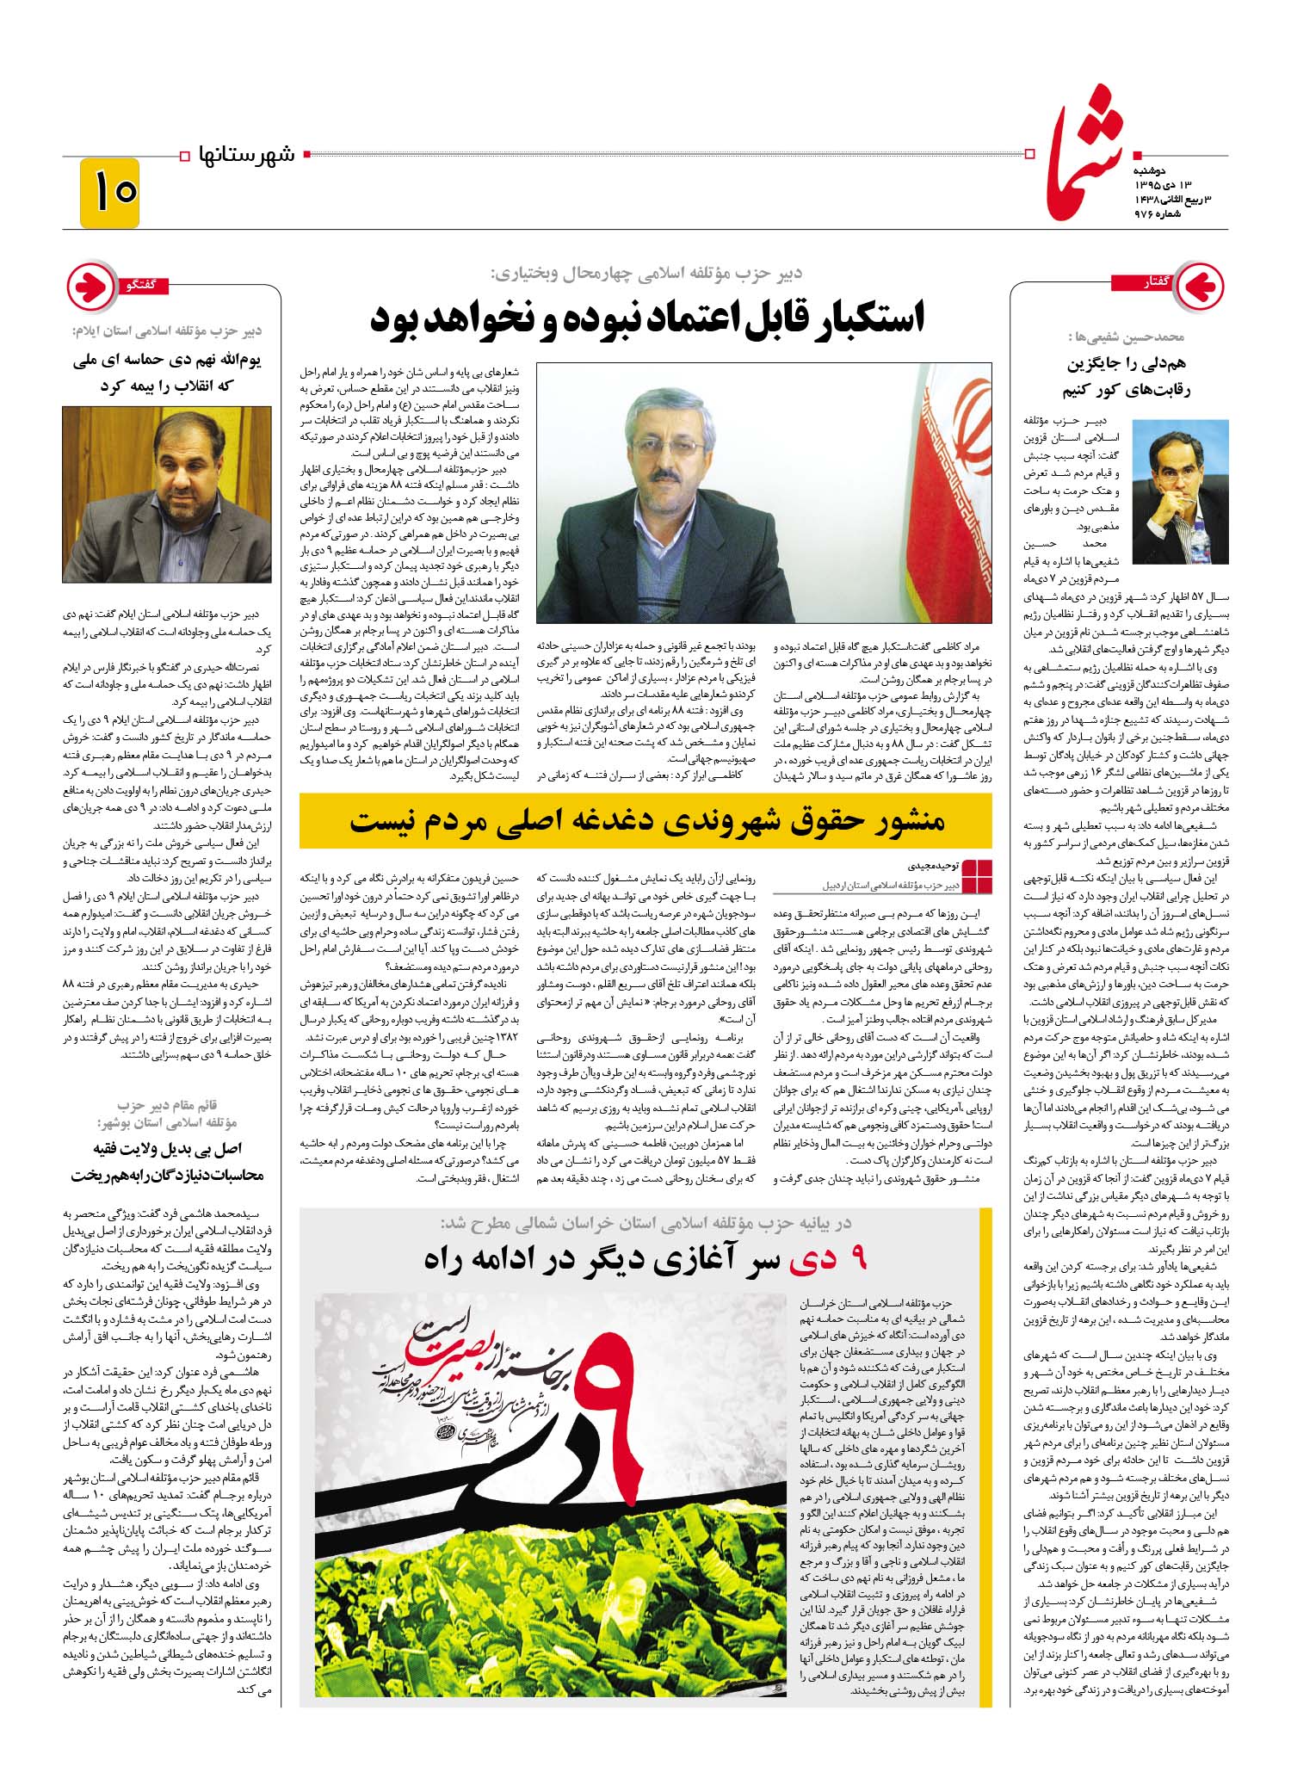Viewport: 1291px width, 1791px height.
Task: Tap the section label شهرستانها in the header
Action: coord(246,156)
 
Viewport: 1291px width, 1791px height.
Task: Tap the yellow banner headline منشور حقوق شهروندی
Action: coord(646,821)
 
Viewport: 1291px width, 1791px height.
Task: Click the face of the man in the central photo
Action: coord(665,450)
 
